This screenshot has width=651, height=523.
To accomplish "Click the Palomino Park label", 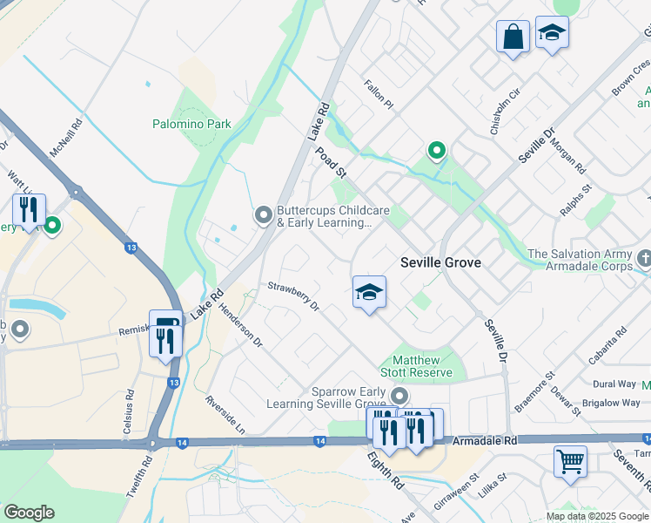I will point(192,124).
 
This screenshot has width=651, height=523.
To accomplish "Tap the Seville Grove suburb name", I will point(440,262).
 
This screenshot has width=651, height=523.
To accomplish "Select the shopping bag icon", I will point(513,37).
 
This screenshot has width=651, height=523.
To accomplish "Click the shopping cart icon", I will point(570,462).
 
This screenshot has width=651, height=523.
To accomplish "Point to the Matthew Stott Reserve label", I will point(422,366).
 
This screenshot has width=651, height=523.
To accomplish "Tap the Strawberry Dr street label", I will point(293,296).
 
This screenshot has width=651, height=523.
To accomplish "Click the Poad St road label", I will point(331,161).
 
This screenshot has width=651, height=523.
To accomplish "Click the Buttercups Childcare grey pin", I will point(263,214).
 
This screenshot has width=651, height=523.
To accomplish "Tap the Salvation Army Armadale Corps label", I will point(581,260).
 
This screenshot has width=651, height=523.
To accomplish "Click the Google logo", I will point(29,513).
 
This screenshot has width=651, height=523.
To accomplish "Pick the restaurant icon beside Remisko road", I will point(165,333).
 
